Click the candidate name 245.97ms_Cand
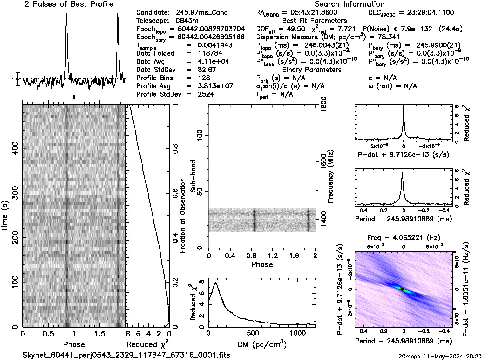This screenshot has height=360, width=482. (201, 12)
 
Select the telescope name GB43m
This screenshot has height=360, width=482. (187, 21)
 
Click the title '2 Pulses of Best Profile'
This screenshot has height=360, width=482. (69, 4)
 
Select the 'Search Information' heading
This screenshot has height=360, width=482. (350, 4)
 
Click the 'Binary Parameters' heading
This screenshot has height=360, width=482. (312, 70)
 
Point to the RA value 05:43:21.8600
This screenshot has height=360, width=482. (310, 12)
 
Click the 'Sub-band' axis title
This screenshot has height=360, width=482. (194, 176)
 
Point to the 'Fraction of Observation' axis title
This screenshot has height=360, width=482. (183, 216)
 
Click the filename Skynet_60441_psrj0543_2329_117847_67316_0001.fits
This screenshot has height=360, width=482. (126, 355)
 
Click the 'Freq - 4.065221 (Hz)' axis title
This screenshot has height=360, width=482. (403, 238)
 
